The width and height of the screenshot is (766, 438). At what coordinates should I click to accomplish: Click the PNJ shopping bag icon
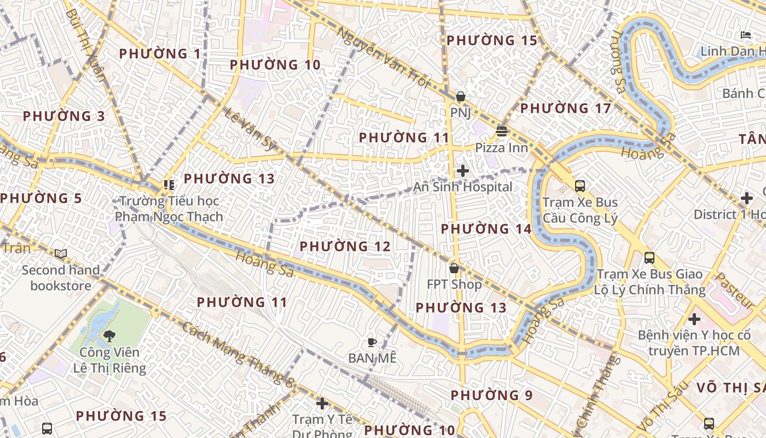pos(461,97)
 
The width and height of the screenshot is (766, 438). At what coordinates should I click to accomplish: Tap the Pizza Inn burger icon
pos(502,131)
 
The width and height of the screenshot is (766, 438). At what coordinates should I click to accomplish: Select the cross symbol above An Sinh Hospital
pos(463,171)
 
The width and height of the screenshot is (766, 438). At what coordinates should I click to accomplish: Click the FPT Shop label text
pos(454,285)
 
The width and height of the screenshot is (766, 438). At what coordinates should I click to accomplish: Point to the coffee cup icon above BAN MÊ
pos(372,343)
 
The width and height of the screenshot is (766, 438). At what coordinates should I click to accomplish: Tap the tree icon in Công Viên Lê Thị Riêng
pos(109,336)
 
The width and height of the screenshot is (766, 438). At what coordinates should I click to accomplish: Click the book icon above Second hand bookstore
pos(61,254)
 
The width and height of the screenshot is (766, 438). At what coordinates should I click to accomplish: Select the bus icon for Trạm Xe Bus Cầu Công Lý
pos(580,186)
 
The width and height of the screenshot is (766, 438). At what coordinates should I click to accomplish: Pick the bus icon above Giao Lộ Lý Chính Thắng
pos(649,258)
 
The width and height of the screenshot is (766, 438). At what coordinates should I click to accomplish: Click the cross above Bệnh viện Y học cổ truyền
pos(694,319)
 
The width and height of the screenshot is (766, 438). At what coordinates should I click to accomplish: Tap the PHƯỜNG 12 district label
pos(345,247)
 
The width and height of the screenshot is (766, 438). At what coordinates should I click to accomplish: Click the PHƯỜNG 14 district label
pos(486,229)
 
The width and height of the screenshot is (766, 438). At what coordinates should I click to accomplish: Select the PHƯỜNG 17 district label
pos(565,108)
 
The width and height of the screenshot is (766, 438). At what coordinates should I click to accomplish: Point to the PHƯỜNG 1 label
pos(160,54)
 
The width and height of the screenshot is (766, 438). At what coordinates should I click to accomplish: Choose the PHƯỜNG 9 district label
pos(491,395)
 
